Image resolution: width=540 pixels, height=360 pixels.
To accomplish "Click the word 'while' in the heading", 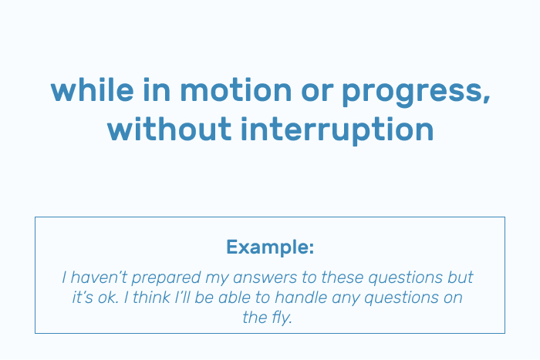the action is click(x=93, y=89).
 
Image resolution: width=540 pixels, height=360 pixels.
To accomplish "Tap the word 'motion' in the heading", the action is click(x=236, y=89).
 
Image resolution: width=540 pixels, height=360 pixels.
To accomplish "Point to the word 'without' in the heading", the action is click(x=169, y=129).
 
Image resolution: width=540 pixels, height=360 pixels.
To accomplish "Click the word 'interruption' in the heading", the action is click(x=337, y=130).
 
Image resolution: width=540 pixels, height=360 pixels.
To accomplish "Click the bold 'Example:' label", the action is click(x=270, y=247).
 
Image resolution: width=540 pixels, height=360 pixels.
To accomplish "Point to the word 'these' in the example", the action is click(x=343, y=278).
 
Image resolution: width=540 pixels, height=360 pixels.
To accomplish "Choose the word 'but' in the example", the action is click(x=461, y=278).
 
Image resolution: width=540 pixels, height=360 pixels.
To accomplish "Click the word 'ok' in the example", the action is click(x=108, y=298).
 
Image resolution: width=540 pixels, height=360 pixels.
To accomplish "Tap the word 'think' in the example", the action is click(x=151, y=298).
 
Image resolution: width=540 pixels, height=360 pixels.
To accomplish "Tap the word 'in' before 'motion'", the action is click(x=157, y=89).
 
